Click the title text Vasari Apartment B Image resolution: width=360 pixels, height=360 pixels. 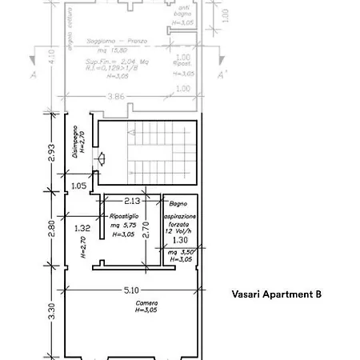pos(276,294)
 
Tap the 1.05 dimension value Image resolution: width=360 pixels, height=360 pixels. pos(78,186)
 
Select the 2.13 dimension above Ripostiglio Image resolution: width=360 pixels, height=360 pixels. pos(132,202)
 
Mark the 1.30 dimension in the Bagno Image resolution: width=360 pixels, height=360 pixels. pos(181,240)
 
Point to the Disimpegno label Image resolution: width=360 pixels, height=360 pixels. pos(75,148)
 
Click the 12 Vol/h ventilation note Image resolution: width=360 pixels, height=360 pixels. pos(180,232)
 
